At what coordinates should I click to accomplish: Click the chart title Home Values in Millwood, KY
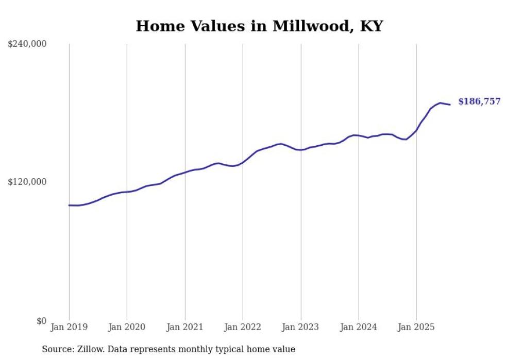tap(259, 26)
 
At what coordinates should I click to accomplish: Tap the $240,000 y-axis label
tap(27, 44)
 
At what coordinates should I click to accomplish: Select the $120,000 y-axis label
tap(27, 182)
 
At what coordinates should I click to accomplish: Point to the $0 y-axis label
tap(42, 321)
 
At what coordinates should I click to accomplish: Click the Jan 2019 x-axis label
tap(69, 327)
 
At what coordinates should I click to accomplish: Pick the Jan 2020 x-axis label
tap(127, 327)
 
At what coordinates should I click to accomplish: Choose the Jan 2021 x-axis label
tap(185, 327)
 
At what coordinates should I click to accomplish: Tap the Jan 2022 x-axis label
tap(243, 327)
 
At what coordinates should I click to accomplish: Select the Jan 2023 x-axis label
tap(301, 327)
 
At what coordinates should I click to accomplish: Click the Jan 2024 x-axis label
tap(359, 327)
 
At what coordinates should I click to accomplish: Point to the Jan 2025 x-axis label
tap(416, 327)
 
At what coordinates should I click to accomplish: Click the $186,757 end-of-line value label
tap(479, 101)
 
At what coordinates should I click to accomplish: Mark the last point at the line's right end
tap(450, 105)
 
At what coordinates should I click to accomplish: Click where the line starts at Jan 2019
tap(69, 205)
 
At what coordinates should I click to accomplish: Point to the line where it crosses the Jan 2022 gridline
tap(243, 162)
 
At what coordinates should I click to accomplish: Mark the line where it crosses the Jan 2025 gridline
tap(416, 130)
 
